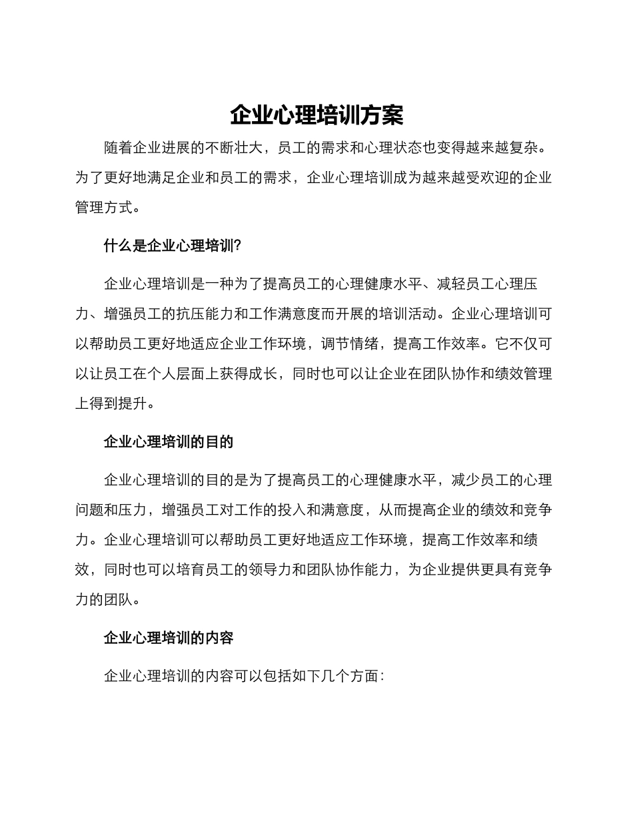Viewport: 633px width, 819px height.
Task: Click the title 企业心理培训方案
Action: tap(316, 115)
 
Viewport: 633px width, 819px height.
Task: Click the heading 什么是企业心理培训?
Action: tap(172, 246)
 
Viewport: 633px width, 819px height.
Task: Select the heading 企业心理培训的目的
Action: tap(169, 442)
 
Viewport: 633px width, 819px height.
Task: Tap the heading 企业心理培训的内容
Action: tap(169, 638)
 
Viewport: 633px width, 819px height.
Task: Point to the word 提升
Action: tap(133, 403)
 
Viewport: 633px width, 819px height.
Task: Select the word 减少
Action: tap(465, 480)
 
